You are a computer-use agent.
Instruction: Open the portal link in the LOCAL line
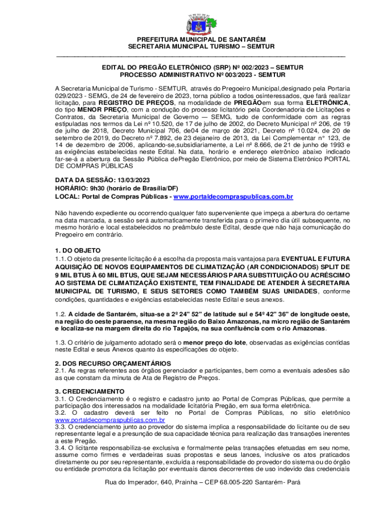[x=233, y=197]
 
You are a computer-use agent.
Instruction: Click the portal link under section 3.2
[x=110, y=419]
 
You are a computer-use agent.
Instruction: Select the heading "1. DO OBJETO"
[x=78, y=250]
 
